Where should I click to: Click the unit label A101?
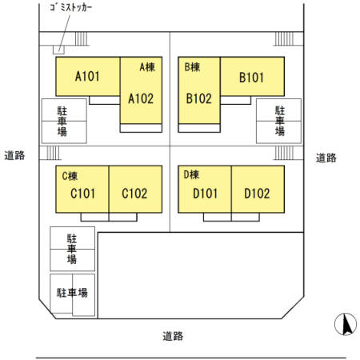click(87, 76)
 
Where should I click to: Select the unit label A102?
click(141, 98)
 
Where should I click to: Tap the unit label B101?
click(251, 78)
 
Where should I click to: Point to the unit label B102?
click(199, 98)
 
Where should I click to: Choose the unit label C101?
click(82, 194)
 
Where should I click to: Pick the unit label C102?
click(134, 194)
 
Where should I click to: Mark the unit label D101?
click(205, 194)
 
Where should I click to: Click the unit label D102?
click(257, 194)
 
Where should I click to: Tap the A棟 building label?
click(147, 67)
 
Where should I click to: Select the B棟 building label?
click(192, 67)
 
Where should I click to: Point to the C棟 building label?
click(70, 176)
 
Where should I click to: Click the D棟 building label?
click(191, 174)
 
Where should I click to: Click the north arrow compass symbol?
click(346, 324)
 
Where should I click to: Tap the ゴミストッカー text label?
click(71, 7)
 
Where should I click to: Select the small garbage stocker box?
click(58, 50)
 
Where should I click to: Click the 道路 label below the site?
click(173, 336)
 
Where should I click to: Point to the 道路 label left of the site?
click(14, 155)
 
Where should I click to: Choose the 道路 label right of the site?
click(326, 158)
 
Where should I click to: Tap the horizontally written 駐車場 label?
click(72, 293)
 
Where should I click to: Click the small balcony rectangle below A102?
click(141, 128)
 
